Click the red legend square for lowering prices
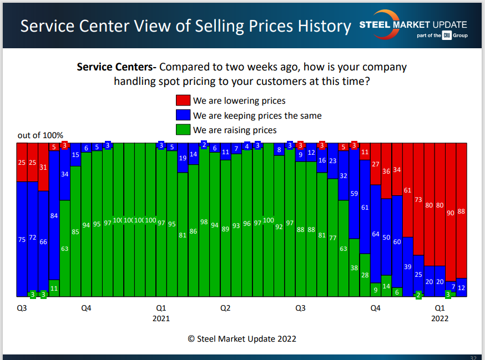183,100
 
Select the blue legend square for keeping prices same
183,115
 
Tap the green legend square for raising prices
183,130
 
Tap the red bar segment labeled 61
408,190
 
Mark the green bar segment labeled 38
354,267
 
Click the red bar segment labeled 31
43,166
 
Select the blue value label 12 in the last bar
461,287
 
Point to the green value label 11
54,288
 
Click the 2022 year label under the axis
439,318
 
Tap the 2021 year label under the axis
161,318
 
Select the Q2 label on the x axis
225,307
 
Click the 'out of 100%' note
41,135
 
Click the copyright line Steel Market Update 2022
242,339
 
